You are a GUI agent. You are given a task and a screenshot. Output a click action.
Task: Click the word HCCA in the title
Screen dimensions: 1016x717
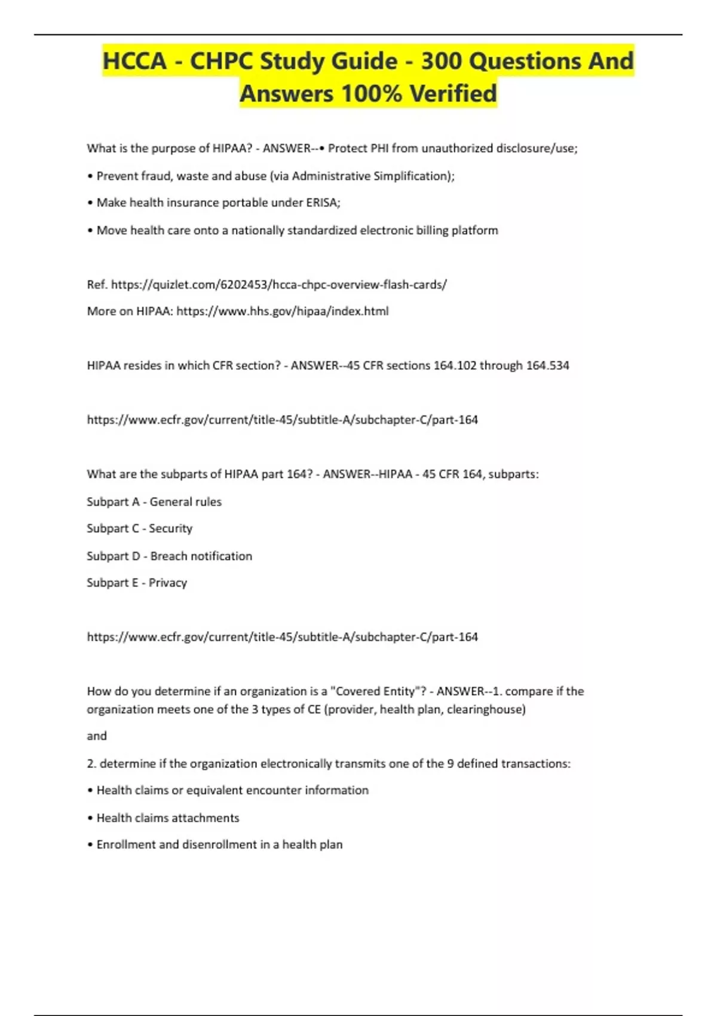pyautogui.click(x=134, y=61)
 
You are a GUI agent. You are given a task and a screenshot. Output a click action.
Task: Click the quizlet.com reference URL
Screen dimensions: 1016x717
pyautogui.click(x=279, y=284)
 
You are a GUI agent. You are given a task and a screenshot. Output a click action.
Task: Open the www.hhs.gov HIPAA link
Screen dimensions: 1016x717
pyautogui.click(x=283, y=311)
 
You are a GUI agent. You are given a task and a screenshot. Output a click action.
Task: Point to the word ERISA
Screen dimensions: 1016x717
pyautogui.click(x=323, y=203)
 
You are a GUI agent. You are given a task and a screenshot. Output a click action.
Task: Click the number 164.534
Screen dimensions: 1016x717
pyautogui.click(x=547, y=365)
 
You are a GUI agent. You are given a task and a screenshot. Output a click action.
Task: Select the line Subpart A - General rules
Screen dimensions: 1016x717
pyautogui.click(x=154, y=502)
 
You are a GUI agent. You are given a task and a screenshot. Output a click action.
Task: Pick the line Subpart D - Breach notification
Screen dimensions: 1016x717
pyautogui.click(x=169, y=556)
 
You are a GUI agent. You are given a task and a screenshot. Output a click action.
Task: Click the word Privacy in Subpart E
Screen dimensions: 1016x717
pyautogui.click(x=167, y=583)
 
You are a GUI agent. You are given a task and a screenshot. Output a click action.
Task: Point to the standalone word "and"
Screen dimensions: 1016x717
pyautogui.click(x=97, y=736)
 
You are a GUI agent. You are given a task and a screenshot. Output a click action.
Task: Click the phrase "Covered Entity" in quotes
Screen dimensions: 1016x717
pyautogui.click(x=375, y=691)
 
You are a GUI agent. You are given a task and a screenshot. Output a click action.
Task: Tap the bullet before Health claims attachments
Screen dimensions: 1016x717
pyautogui.click(x=90, y=818)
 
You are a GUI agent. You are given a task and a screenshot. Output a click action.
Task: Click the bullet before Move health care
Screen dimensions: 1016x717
pyautogui.click(x=90, y=231)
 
